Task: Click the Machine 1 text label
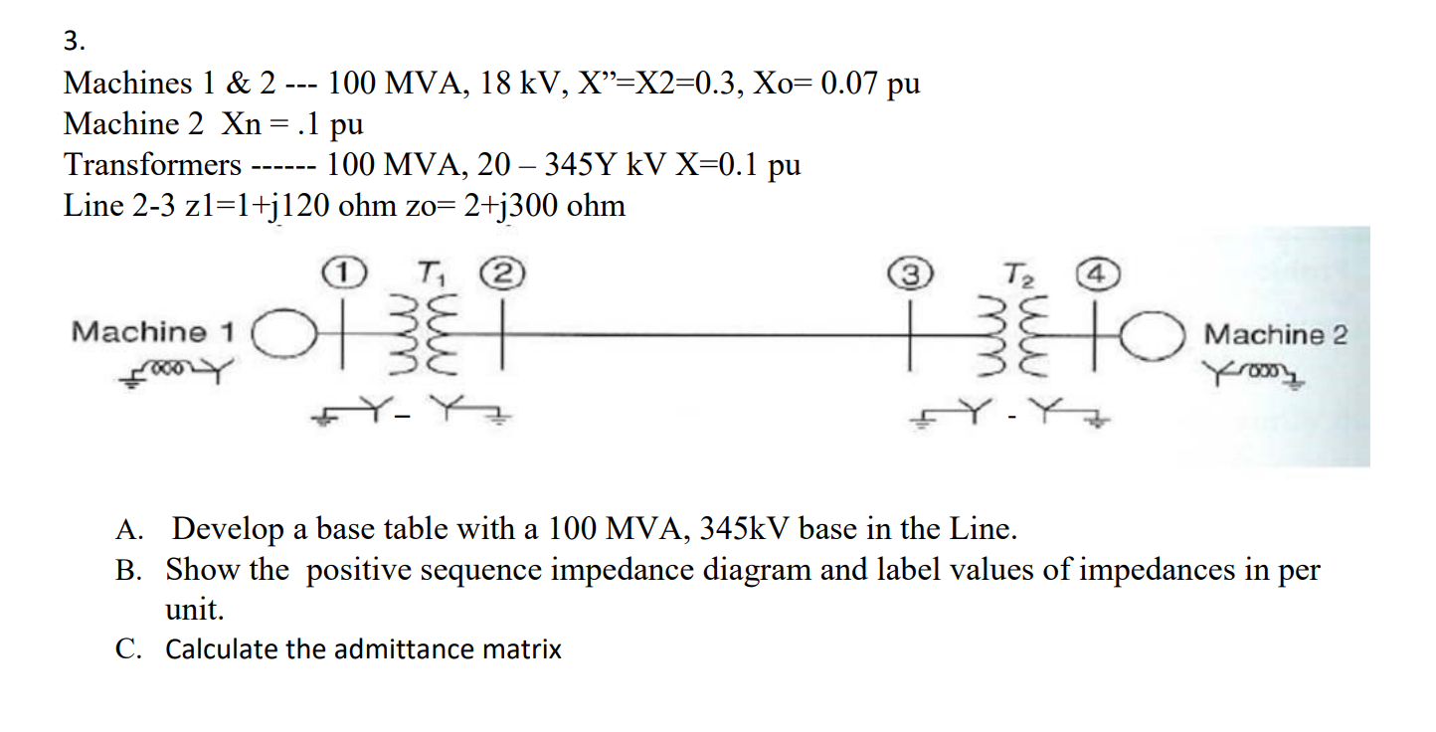(x=153, y=331)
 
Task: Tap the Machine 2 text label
(x=1276, y=334)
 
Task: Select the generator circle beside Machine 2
(x=1157, y=335)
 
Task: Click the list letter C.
(x=127, y=649)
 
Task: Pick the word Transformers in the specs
(x=152, y=165)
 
